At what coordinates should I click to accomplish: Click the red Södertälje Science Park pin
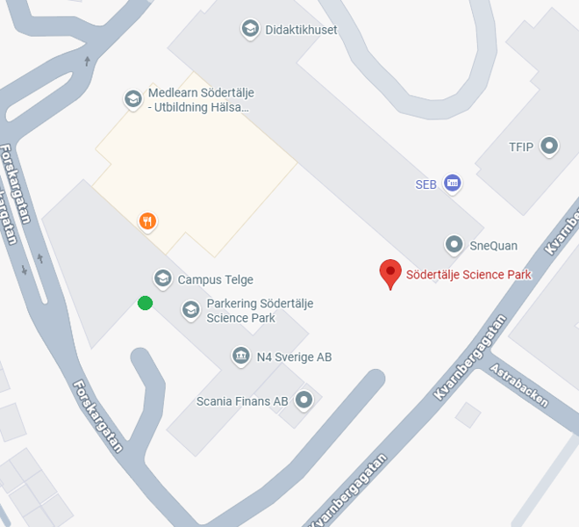click(390, 272)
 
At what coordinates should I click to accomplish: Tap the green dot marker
click(145, 303)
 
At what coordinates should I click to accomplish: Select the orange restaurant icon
click(147, 220)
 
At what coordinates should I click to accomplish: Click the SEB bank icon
click(453, 184)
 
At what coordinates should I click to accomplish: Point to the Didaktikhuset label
click(301, 30)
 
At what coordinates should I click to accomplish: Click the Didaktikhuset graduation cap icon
click(250, 30)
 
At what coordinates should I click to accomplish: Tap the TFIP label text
click(522, 147)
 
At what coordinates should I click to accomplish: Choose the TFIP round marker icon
click(550, 146)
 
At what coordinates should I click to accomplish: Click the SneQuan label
click(494, 245)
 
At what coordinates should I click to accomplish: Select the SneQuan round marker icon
click(454, 244)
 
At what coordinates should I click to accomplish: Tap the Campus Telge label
click(215, 279)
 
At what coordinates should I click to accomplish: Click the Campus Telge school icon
click(162, 279)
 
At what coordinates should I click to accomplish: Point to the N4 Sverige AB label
click(294, 357)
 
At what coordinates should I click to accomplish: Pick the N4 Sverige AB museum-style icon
click(240, 356)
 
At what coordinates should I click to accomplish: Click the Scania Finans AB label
click(242, 401)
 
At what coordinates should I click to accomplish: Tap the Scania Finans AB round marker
click(304, 401)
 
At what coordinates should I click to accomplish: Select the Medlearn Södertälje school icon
click(132, 99)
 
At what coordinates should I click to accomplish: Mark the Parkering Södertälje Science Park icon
click(190, 309)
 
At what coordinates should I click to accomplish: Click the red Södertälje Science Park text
click(468, 274)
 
